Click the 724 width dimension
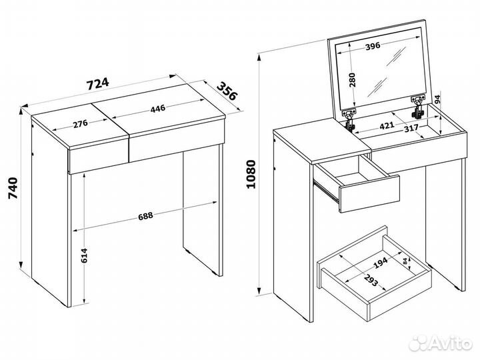(97, 83)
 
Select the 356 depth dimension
(227, 91)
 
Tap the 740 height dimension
(13, 188)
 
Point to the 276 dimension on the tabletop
(81, 124)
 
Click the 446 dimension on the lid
(158, 109)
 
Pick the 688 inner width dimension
(145, 216)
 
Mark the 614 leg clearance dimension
(84, 256)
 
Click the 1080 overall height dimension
(251, 174)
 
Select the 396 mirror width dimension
(373, 46)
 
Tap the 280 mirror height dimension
(353, 80)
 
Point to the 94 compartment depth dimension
(437, 99)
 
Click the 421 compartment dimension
(387, 126)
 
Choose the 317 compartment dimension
(411, 128)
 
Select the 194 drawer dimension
(381, 263)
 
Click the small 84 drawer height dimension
(405, 261)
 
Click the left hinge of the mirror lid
(349, 119)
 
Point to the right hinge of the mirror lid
(418, 107)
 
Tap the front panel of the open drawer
(369, 194)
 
